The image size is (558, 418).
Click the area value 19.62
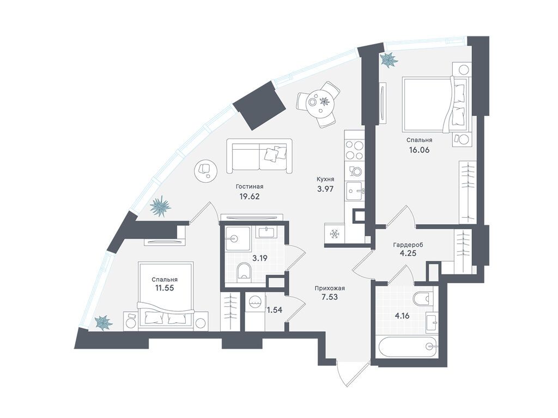pos(250,196)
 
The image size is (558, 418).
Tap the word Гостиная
pos(250,187)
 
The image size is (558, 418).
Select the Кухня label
pos(326,180)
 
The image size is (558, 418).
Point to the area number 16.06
pos(419,150)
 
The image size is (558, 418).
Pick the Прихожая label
pos(330,288)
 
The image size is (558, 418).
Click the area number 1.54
pos(275,310)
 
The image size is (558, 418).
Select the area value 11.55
pos(164,288)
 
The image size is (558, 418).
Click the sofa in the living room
pos(260,156)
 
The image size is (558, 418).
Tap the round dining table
pos(319,102)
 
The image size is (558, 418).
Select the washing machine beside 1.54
pos(255,306)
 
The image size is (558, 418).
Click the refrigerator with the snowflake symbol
pos(335,234)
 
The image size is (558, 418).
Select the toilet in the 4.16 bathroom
pos(424,298)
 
